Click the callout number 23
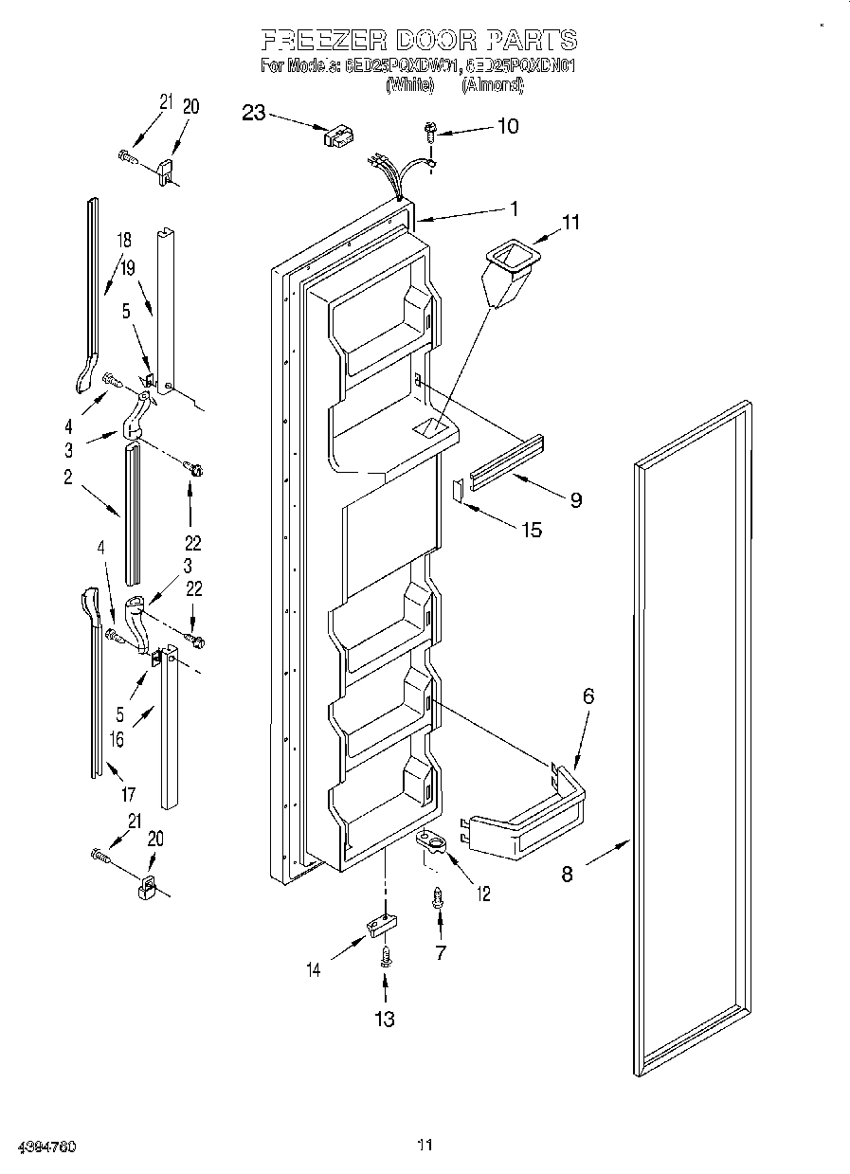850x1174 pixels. coord(253,113)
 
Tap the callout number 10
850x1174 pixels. coord(508,125)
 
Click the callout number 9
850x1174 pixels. coord(575,499)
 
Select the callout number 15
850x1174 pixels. coord(532,529)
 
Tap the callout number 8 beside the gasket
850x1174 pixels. coord(567,874)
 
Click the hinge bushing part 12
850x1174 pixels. coord(433,840)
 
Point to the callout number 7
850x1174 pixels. coord(440,952)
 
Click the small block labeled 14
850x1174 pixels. coord(378,923)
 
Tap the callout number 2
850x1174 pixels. coord(68,478)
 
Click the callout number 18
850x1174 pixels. coord(124,240)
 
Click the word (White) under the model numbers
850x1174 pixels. coord(409,85)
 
